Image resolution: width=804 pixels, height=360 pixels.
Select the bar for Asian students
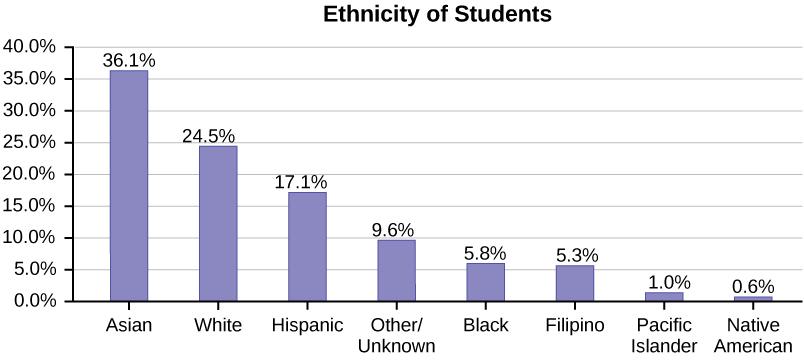tap(129, 186)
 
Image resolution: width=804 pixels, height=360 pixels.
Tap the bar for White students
tap(218, 223)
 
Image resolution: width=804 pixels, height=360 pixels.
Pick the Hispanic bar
tap(307, 246)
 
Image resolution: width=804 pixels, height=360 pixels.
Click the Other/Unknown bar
tap(396, 270)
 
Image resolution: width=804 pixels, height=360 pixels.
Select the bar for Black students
tap(485, 282)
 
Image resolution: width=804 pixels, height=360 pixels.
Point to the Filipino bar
tap(574, 283)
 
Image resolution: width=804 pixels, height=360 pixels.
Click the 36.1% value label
tap(129, 60)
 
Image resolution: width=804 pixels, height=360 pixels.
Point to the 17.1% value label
tap(300, 182)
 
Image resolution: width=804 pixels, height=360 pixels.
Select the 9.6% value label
tap(392, 230)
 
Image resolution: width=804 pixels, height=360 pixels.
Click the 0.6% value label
tap(752, 286)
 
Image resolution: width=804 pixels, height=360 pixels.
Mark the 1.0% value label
tap(663, 283)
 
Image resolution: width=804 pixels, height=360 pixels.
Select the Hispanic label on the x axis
tap(307, 326)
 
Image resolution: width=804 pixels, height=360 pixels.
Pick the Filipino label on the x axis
tap(574, 326)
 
